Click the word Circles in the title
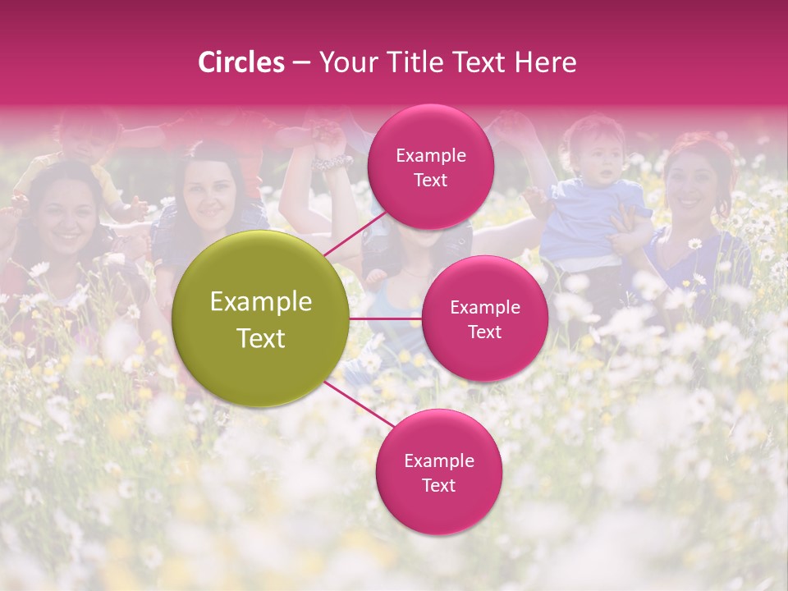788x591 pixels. point(241,62)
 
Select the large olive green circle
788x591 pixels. point(261,319)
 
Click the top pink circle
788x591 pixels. point(430,167)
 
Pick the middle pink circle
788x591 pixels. point(484,319)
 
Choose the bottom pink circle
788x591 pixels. point(438,473)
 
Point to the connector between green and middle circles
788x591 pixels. point(386,318)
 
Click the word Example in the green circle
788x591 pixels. point(261,302)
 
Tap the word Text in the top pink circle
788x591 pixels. point(430,180)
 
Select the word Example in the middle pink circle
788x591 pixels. point(484,308)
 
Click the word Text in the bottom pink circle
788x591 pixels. point(438,485)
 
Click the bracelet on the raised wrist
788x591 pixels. point(332,162)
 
